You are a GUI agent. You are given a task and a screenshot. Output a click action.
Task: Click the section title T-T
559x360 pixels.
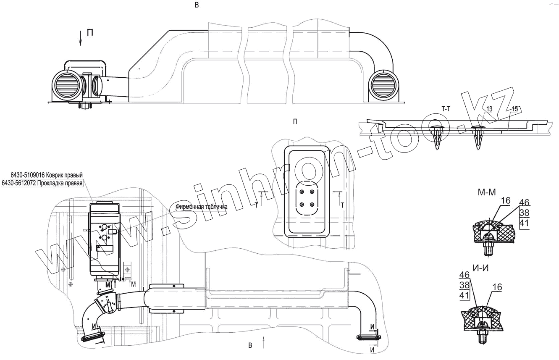click(447, 108)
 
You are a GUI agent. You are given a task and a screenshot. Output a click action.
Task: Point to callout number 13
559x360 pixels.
click(489, 109)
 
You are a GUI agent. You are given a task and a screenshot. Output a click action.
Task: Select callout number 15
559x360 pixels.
click(515, 109)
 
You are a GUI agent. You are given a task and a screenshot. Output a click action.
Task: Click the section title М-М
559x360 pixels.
click(487, 192)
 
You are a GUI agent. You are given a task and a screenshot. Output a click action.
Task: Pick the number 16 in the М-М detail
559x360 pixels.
click(506, 201)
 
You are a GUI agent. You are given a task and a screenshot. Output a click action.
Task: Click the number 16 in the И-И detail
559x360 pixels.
click(497, 287)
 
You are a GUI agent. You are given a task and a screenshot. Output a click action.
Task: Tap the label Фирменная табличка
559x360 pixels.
click(202, 207)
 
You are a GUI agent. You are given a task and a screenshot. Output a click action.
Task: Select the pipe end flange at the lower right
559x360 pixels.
click(368, 337)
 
